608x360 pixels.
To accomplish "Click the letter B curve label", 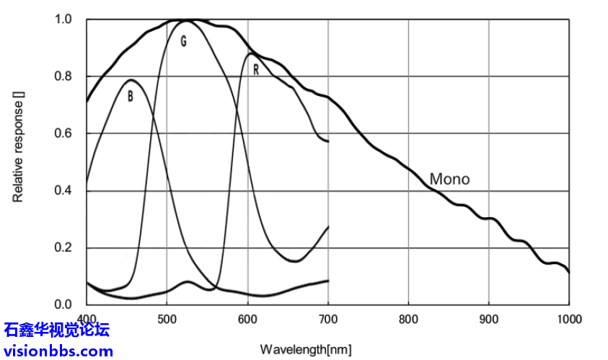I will pyautogui.click(x=131, y=96).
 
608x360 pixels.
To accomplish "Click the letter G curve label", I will pyautogui.click(x=183, y=42).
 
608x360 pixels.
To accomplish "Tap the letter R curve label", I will pyautogui.click(x=255, y=70).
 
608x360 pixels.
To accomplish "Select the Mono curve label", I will pyautogui.click(x=449, y=179).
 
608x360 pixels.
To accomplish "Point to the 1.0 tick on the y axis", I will pyautogui.click(x=64, y=19).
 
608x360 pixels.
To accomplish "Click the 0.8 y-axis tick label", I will pyautogui.click(x=64, y=76).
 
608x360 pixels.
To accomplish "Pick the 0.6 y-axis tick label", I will pyautogui.click(x=64, y=133).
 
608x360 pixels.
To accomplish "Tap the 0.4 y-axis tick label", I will pyautogui.click(x=64, y=191).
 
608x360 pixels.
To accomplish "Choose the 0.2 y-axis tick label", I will pyautogui.click(x=64, y=248).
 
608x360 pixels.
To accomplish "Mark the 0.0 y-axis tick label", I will pyautogui.click(x=64, y=305).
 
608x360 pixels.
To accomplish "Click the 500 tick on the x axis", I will pyautogui.click(x=167, y=319).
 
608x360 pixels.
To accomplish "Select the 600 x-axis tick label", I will pyautogui.click(x=247, y=319).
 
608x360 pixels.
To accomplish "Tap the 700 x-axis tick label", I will pyautogui.click(x=328, y=319).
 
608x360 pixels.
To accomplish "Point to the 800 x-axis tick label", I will pyautogui.click(x=408, y=319).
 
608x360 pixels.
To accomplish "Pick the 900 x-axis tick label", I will pyautogui.click(x=489, y=319).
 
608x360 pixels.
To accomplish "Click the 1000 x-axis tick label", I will pyautogui.click(x=568, y=319).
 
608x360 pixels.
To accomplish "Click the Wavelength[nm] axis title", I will pyautogui.click(x=306, y=350).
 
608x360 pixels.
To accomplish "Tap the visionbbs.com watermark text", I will pyautogui.click(x=58, y=351).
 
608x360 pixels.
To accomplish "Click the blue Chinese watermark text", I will pyautogui.click(x=56, y=330).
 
